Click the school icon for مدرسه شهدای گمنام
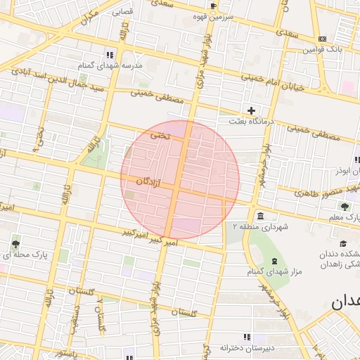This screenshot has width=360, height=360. (110, 54)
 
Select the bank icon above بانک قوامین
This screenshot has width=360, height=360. (323, 39)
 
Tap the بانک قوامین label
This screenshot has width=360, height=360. (323, 50)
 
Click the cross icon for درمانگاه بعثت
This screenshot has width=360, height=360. (251, 110)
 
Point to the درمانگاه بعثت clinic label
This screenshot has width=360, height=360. (246, 122)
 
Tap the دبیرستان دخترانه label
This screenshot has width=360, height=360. (245, 348)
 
